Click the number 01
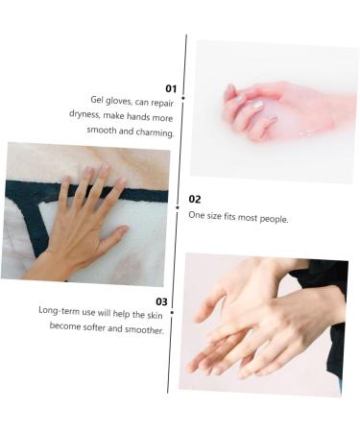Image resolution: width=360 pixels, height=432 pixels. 171,87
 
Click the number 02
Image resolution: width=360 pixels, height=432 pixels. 195,199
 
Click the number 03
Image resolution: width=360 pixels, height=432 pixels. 161,300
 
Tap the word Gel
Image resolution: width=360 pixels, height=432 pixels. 98,100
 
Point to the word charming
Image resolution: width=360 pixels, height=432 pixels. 156,132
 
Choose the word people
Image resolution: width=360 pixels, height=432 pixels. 274,218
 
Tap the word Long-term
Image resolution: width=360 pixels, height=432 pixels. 59,311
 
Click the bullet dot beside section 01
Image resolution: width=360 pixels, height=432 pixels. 182,99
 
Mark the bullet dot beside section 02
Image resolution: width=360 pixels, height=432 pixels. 178,206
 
